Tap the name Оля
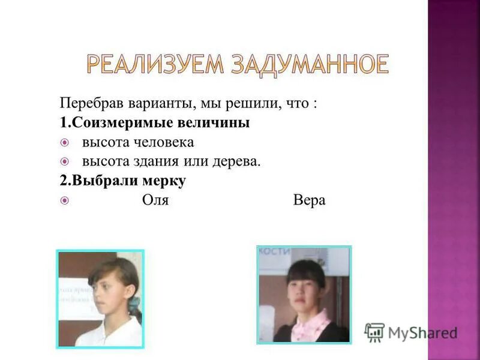[x=155, y=200]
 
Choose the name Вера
[x=310, y=200]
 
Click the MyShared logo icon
[x=374, y=332]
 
